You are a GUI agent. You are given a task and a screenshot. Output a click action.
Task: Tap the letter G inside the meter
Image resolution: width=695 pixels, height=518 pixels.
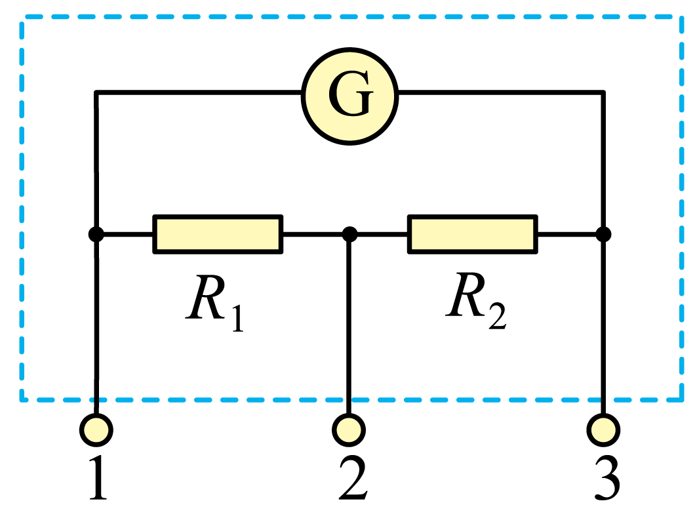(x=351, y=94)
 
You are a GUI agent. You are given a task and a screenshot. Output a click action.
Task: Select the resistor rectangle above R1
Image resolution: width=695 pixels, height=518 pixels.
(x=218, y=234)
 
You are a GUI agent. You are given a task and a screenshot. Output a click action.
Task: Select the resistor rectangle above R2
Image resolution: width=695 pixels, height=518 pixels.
(x=473, y=234)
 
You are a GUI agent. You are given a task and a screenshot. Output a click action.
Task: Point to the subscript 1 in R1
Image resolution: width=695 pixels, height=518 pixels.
(x=238, y=318)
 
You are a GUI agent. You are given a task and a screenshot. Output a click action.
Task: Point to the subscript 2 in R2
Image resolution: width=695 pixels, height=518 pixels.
(x=498, y=316)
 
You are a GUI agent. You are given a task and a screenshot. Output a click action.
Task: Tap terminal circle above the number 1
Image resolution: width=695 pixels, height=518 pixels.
(x=96, y=430)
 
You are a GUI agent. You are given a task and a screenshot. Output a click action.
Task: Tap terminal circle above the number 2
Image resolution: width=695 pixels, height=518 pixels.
(x=349, y=430)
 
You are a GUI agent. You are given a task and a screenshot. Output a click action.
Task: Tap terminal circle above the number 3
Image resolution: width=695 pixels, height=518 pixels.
(x=603, y=430)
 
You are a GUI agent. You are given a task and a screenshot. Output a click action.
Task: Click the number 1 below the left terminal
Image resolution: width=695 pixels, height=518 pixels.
(x=98, y=478)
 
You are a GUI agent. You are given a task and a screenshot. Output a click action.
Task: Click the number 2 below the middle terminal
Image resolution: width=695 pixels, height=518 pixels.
(x=353, y=478)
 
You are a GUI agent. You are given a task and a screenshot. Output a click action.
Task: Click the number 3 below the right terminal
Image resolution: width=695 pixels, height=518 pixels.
(x=606, y=478)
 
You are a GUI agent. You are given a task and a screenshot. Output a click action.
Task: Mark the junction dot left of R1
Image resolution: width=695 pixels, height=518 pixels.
(x=96, y=234)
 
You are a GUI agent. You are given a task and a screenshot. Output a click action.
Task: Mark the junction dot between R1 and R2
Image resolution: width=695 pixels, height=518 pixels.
(x=349, y=234)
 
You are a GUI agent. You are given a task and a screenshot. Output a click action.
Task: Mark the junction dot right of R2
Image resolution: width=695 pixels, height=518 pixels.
(x=603, y=234)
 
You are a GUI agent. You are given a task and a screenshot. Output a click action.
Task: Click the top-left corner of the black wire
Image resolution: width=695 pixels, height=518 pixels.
(x=96, y=92)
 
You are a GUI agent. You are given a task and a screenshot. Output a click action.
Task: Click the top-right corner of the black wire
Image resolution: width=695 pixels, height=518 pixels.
(x=603, y=92)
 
